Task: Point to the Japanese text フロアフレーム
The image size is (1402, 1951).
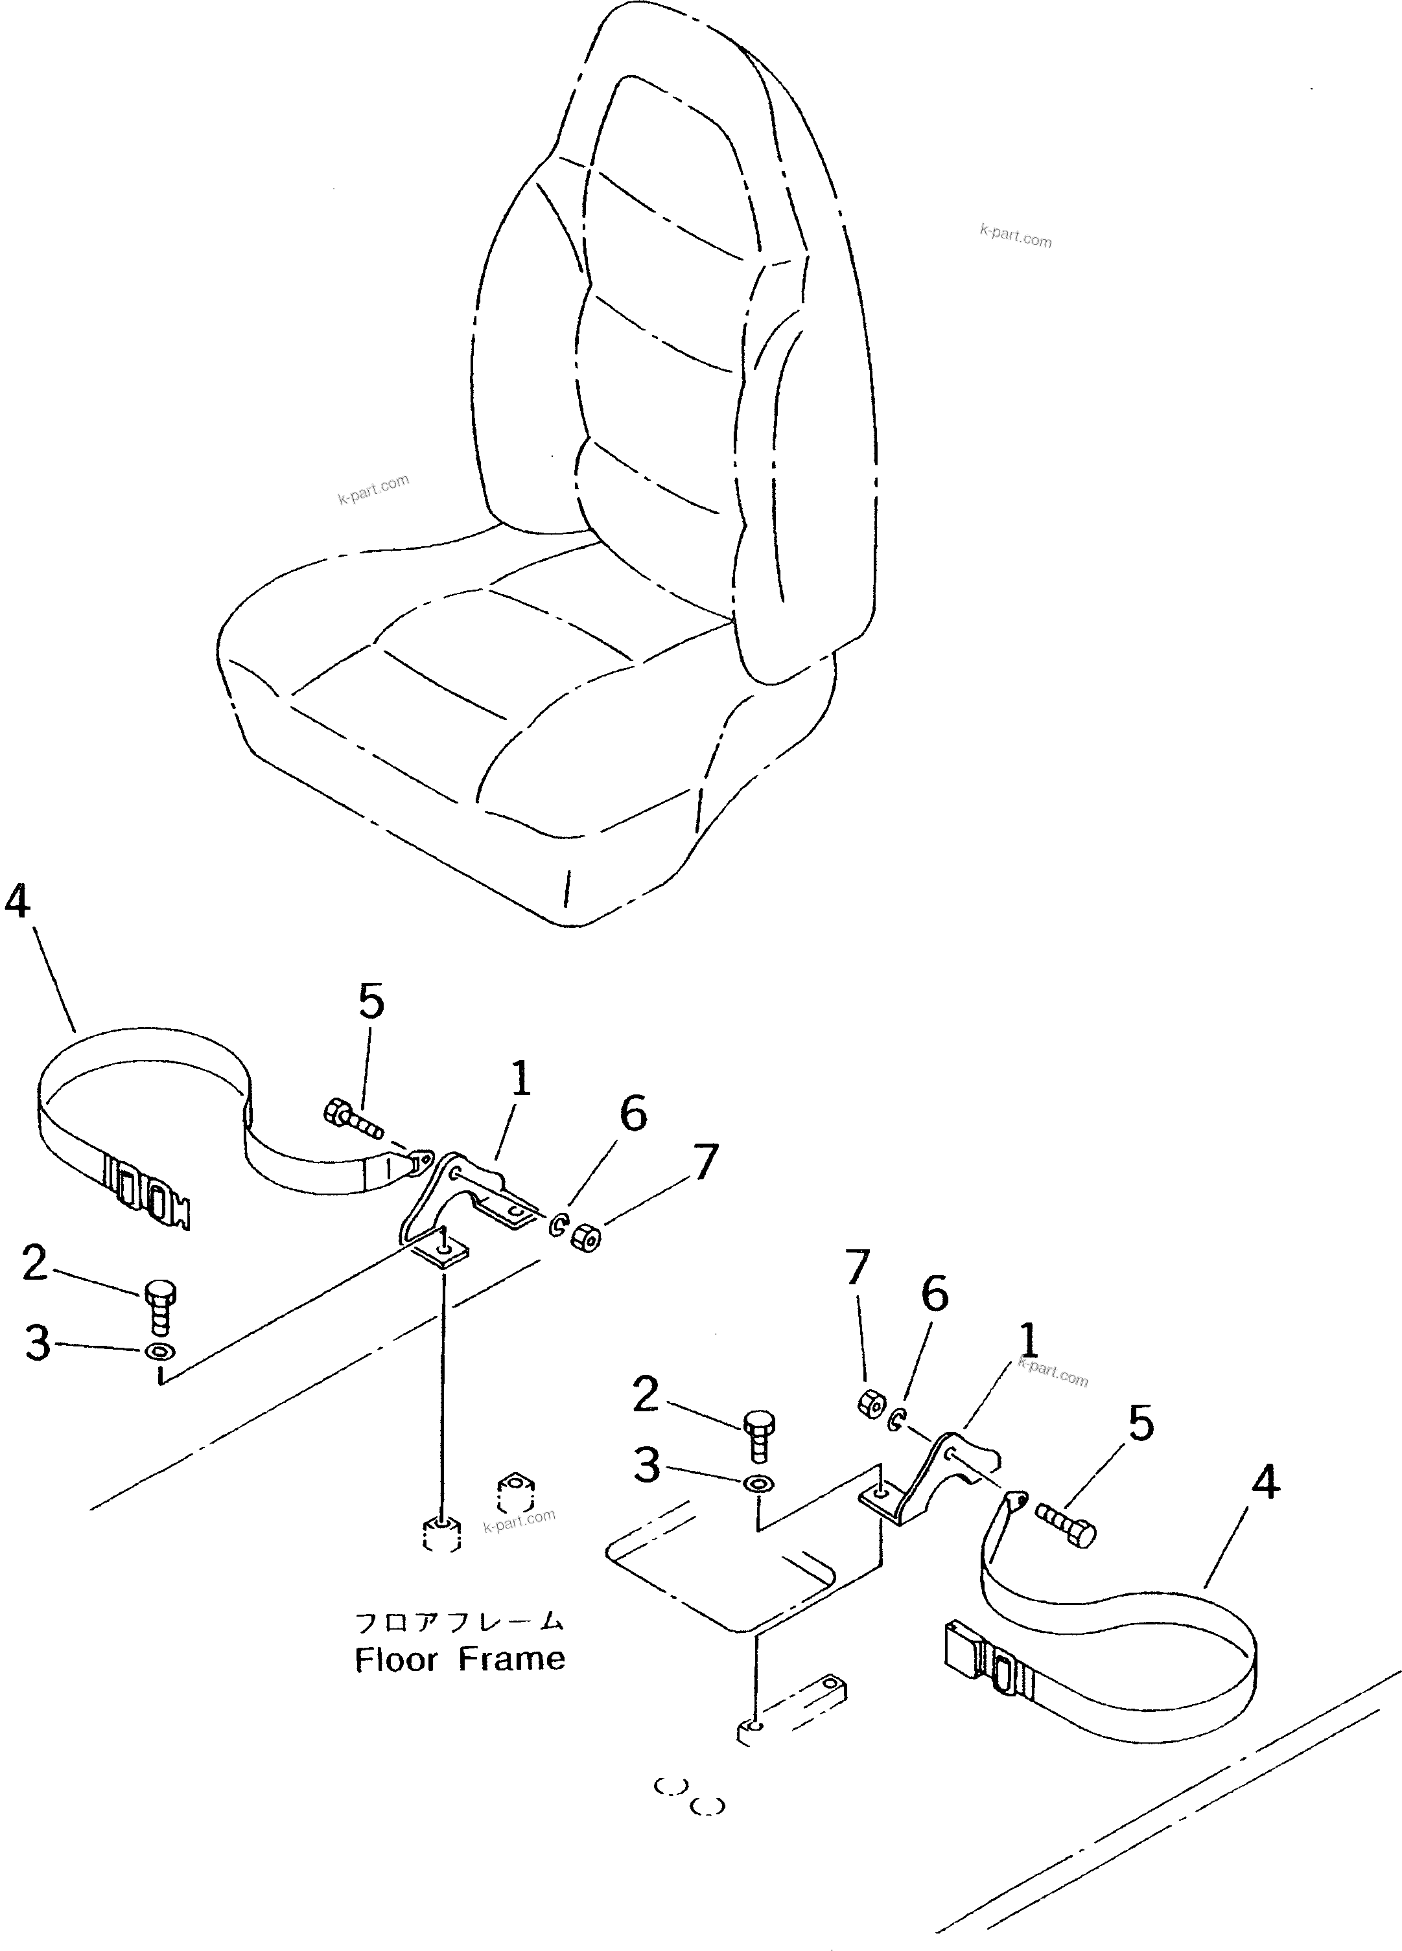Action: pos(460,1622)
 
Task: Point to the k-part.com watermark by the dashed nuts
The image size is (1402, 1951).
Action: pos(520,1520)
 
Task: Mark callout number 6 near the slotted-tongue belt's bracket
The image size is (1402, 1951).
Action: pos(633,1115)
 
